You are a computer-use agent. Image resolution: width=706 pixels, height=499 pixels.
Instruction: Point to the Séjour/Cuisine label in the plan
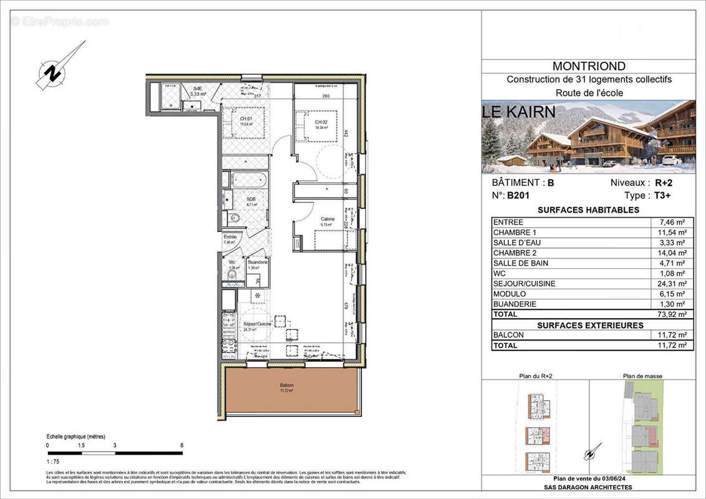pyautogui.click(x=256, y=325)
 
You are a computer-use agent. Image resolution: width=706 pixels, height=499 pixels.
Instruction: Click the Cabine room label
pyautogui.click(x=327, y=219)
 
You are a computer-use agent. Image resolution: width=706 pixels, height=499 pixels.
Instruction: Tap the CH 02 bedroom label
pyautogui.click(x=322, y=122)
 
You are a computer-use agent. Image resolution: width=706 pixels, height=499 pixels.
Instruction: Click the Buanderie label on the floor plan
pyautogui.click(x=258, y=263)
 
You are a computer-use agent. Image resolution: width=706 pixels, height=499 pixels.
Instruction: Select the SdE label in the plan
pyautogui.click(x=198, y=89)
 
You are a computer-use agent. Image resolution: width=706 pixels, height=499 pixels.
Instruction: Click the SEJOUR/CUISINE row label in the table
pyautogui.click(x=524, y=284)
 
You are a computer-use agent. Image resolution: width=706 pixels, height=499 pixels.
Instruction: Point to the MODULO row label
pyautogui.click(x=509, y=294)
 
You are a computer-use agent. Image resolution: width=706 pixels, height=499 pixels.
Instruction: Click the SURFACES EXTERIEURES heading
pyautogui.click(x=590, y=325)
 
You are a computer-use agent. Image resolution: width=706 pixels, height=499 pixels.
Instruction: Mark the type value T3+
pyautogui.click(x=664, y=195)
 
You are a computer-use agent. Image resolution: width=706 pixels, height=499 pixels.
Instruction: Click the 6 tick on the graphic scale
pyautogui.click(x=182, y=445)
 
